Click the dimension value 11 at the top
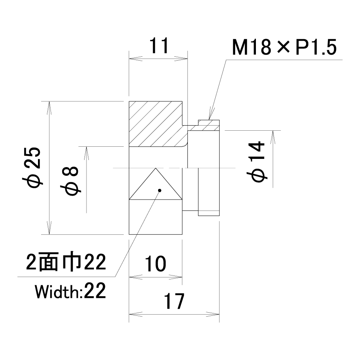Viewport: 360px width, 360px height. point(159,45)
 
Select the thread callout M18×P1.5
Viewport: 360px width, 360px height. point(284,47)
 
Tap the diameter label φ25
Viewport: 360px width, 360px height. point(32,167)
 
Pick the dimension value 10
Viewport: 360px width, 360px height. point(155,264)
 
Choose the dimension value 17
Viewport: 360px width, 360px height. point(174,301)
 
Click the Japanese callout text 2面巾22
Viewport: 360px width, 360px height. point(66,262)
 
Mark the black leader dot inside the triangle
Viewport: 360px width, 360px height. point(160,190)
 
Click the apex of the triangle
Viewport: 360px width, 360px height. point(156,168)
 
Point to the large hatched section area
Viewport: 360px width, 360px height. point(156,124)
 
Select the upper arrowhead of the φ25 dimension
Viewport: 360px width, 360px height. point(49,108)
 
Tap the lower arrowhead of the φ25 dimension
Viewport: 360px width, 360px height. point(49,228)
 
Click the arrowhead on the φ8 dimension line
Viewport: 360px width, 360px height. point(86,153)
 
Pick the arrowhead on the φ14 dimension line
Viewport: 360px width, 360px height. point(273,137)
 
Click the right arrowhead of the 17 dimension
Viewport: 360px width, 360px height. point(213,314)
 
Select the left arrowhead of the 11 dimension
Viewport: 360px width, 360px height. point(136,59)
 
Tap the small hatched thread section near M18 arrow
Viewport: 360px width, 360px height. point(208,125)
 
